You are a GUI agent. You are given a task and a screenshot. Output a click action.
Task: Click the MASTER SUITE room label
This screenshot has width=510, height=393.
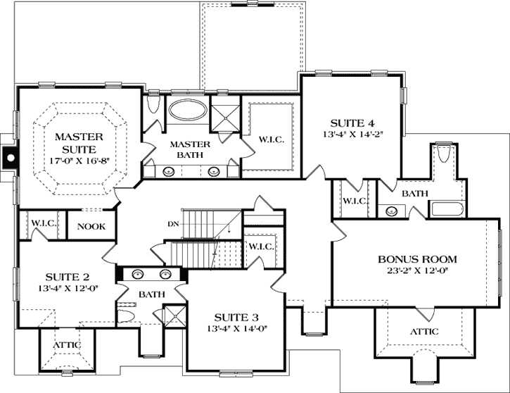[79, 142]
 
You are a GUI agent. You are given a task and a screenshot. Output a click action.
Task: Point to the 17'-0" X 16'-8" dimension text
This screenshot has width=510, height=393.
[79, 161]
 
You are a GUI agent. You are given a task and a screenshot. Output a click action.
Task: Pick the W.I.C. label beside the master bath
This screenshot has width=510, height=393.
[271, 139]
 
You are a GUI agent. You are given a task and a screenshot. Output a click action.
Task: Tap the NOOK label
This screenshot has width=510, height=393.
[90, 226]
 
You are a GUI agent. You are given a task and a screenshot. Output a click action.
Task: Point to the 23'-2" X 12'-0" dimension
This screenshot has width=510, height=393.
[418, 269]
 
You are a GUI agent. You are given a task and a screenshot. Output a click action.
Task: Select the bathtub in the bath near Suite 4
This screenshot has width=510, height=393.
[445, 208]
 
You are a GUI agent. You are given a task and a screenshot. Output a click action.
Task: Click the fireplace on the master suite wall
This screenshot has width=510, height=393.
[8, 158]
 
